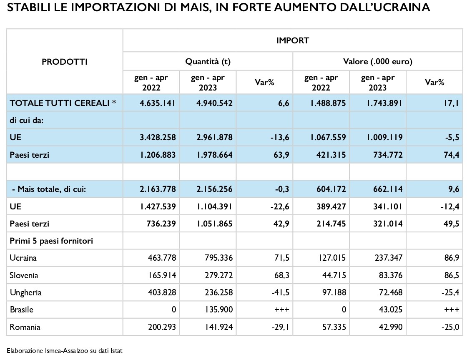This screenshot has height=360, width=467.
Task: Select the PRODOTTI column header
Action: point(65,62)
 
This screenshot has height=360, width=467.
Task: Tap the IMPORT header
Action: point(293,40)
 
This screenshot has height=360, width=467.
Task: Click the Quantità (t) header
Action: point(208,61)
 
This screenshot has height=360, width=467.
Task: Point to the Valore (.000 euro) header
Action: point(378,61)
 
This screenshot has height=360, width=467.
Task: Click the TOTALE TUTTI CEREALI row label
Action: point(63,103)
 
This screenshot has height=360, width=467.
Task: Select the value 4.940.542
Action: point(214,103)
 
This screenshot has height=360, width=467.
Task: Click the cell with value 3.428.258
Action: point(158,137)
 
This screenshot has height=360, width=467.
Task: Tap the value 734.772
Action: point(388,155)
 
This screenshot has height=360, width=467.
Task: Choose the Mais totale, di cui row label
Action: point(49,189)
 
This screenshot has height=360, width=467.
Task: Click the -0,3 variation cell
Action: point(281,189)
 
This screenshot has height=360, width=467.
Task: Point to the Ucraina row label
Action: point(23,258)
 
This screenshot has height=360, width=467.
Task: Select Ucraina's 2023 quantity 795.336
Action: point(218,258)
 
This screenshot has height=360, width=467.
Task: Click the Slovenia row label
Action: point(24,275)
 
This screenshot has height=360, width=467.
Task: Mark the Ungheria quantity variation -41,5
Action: point(281,292)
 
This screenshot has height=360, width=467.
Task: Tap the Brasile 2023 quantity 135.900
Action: point(219,310)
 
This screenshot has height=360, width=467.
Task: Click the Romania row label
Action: point(25,327)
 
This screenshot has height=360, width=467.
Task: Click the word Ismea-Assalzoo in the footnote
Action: point(66,351)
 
